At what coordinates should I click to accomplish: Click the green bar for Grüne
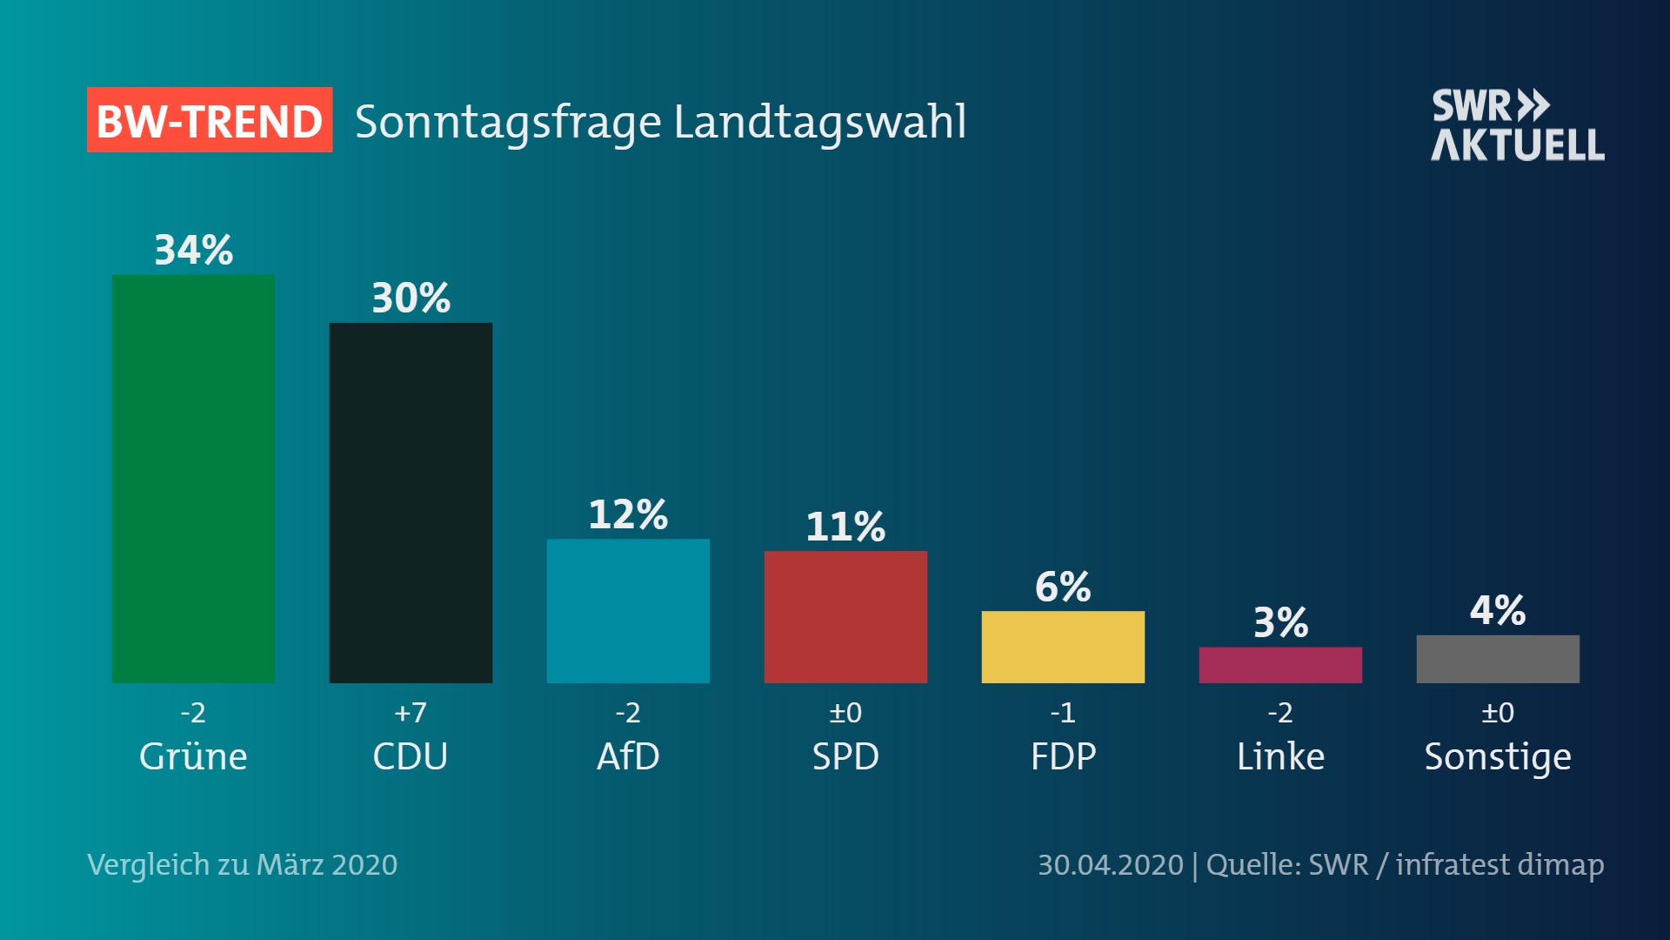pyautogui.click(x=193, y=479)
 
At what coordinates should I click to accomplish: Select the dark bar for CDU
pyautogui.click(x=411, y=502)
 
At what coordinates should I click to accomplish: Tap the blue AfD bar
pyautogui.click(x=628, y=610)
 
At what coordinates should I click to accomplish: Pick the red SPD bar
pyautogui.click(x=845, y=616)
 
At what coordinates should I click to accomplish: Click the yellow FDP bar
pyautogui.click(x=1063, y=647)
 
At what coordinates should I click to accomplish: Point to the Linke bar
pyautogui.click(x=1280, y=665)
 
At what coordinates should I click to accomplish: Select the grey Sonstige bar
pyautogui.click(x=1498, y=659)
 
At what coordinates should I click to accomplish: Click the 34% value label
pyautogui.click(x=194, y=251)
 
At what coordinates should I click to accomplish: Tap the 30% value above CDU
pyautogui.click(x=411, y=299)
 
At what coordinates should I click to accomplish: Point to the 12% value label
pyautogui.click(x=628, y=514)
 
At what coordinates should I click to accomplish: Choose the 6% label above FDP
pyautogui.click(x=1063, y=587)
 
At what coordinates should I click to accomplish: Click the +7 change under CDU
pyautogui.click(x=411, y=713)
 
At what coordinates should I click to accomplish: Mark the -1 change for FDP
pyautogui.click(x=1063, y=713)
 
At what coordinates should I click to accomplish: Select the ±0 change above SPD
pyautogui.click(x=845, y=713)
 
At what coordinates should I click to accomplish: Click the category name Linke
pyautogui.click(x=1280, y=756)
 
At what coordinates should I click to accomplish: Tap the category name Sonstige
pyautogui.click(x=1498, y=757)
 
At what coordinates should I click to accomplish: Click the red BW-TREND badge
pyautogui.click(x=210, y=120)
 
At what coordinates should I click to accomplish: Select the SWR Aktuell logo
pyautogui.click(x=1518, y=125)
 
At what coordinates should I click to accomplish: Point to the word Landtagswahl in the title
pyautogui.click(x=819, y=122)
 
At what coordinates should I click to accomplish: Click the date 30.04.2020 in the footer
pyautogui.click(x=1110, y=865)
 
